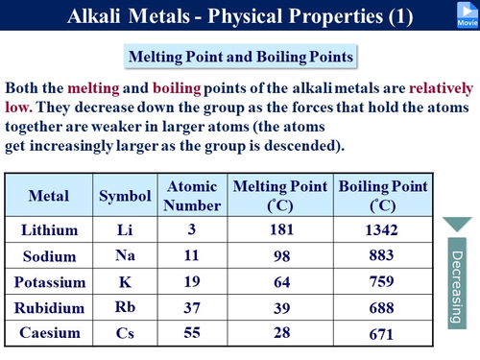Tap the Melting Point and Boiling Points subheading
point(240,56)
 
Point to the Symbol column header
point(126,196)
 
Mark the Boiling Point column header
point(381,195)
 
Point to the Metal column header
point(49,196)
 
